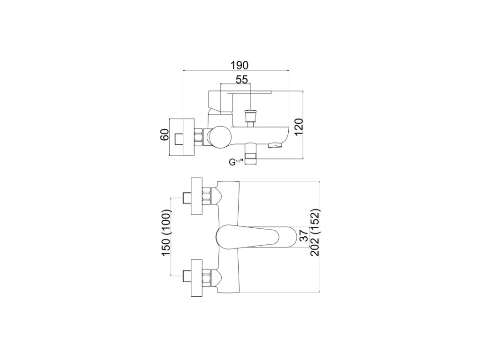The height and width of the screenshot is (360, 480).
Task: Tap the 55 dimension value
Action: coord(241,80)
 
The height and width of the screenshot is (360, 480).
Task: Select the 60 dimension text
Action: coord(164,137)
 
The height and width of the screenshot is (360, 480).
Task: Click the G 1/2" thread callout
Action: coord(235,162)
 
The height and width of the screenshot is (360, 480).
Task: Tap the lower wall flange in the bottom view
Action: coord(197,277)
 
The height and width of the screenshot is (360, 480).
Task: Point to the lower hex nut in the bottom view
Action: coord(207,277)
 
